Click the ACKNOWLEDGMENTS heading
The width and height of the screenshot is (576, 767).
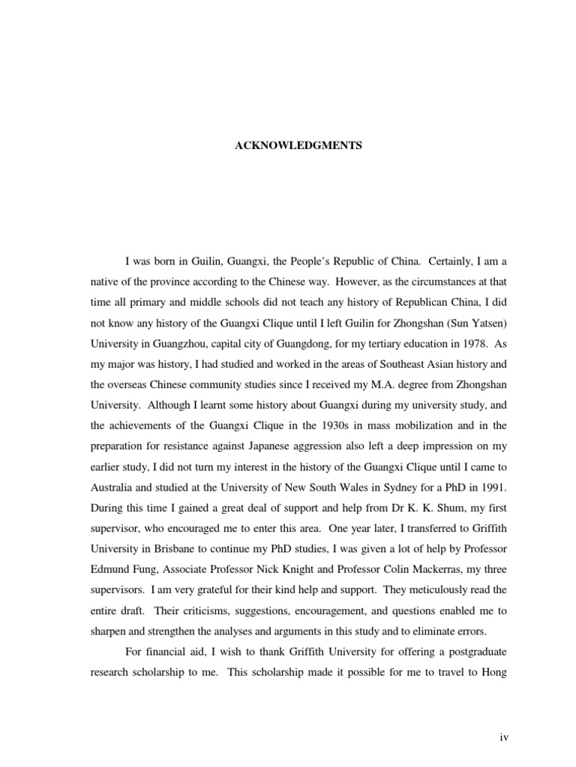(298, 146)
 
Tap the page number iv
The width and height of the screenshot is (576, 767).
(505, 738)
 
